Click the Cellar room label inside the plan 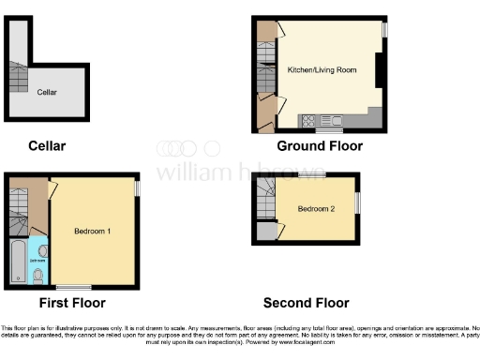point(47,92)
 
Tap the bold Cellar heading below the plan point(47,146)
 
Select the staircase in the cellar point(18,74)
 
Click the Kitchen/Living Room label point(315,70)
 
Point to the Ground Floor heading point(319,146)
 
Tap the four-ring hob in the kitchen point(308,119)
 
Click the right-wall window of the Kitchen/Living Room point(384,31)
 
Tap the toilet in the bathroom point(37,275)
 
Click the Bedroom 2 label point(315,208)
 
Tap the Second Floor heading point(306,303)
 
